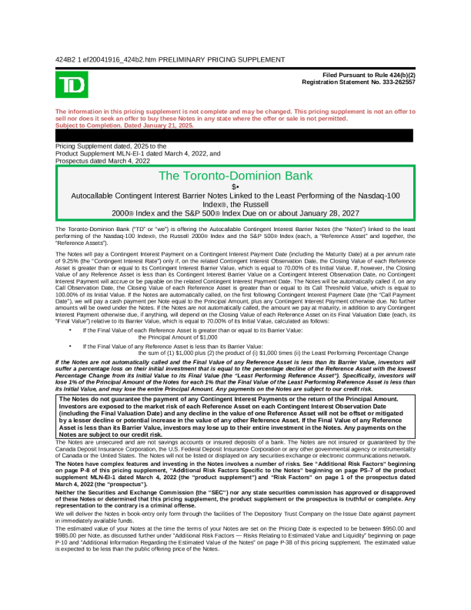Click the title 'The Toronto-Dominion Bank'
(x=235, y=176)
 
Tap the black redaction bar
(x=235, y=135)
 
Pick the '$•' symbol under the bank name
(x=235, y=187)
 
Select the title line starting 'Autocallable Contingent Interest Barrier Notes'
(x=235, y=196)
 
